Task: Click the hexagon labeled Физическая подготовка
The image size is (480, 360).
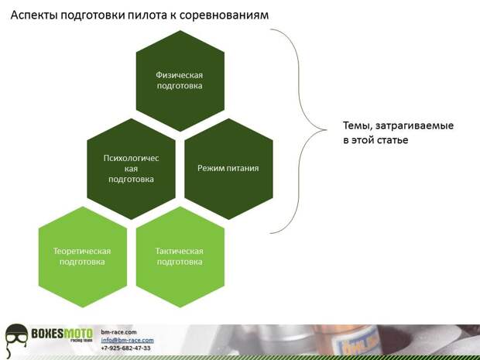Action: (x=180, y=81)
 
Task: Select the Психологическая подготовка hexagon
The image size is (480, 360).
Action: (x=131, y=169)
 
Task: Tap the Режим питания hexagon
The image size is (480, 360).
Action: (x=228, y=169)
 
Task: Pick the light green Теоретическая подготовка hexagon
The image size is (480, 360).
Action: (x=83, y=257)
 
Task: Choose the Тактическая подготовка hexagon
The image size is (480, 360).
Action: (x=180, y=257)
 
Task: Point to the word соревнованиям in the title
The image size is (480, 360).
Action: (x=224, y=15)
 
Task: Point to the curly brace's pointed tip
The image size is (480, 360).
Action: (x=326, y=130)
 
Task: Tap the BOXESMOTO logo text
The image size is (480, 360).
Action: (x=62, y=333)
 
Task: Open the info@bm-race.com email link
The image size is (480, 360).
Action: (x=127, y=340)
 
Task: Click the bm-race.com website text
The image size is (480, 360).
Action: (x=118, y=332)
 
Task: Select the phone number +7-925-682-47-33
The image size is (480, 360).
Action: (x=125, y=348)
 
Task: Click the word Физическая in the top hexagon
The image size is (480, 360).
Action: (x=180, y=75)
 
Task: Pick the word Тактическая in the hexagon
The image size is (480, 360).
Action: (x=180, y=251)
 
